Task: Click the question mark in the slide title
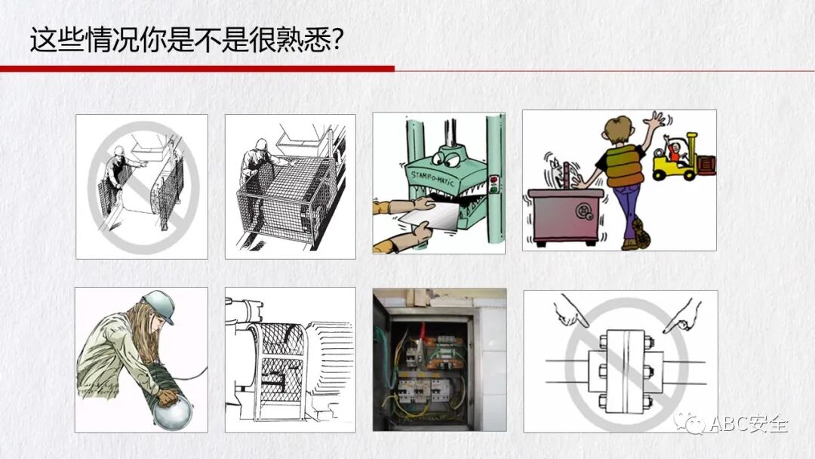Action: pyautogui.click(x=336, y=39)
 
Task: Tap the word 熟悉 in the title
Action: pyautogui.click(x=303, y=39)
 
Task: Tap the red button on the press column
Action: pyautogui.click(x=494, y=180)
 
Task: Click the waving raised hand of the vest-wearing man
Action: pyautogui.click(x=654, y=123)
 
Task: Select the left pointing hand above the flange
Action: pyautogui.click(x=570, y=312)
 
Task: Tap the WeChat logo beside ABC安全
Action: pyautogui.click(x=689, y=423)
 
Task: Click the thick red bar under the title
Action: pyautogui.click(x=197, y=69)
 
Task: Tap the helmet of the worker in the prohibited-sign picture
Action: pyautogui.click(x=119, y=151)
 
